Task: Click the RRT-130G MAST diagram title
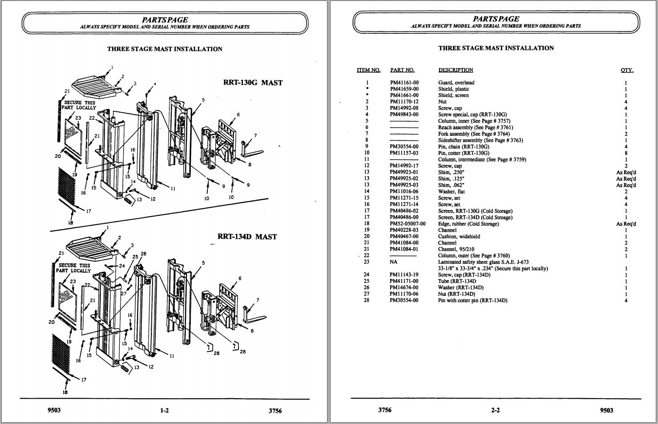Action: tap(253, 83)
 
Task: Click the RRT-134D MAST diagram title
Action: tap(247, 237)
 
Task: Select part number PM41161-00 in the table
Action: tap(404, 83)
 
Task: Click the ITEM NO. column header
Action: tap(368, 70)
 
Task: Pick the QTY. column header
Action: tap(627, 70)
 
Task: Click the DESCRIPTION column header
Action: tap(456, 70)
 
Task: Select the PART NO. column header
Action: tap(402, 70)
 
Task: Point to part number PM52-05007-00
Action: tap(408, 224)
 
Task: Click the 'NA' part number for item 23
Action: tap(393, 262)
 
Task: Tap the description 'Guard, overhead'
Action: tap(456, 83)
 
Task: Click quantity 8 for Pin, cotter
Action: tap(626, 153)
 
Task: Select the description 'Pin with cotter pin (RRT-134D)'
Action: tap(472, 301)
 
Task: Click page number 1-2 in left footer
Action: tap(164, 411)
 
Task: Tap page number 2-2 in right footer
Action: tap(495, 410)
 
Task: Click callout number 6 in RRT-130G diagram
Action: tap(238, 115)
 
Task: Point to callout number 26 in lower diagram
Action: tap(143, 254)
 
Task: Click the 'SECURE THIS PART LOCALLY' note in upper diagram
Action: tap(80, 105)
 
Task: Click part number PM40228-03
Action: tap(404, 230)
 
